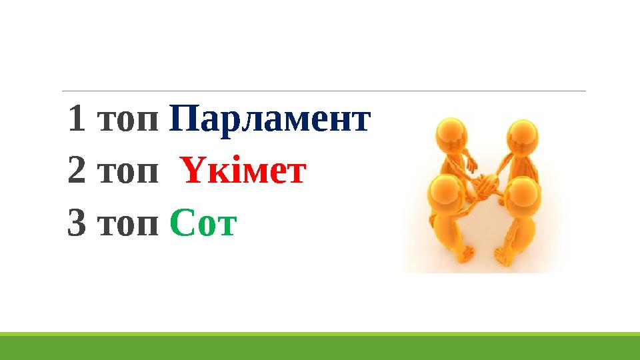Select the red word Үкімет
coord(243,173)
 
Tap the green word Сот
coord(203,225)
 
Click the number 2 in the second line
coord(76,173)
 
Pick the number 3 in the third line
coord(76,225)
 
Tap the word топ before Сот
coord(128,227)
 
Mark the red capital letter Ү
coord(189,173)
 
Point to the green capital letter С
coord(181,225)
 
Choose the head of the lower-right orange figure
coord(521,194)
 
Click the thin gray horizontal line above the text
coord(323,91)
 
